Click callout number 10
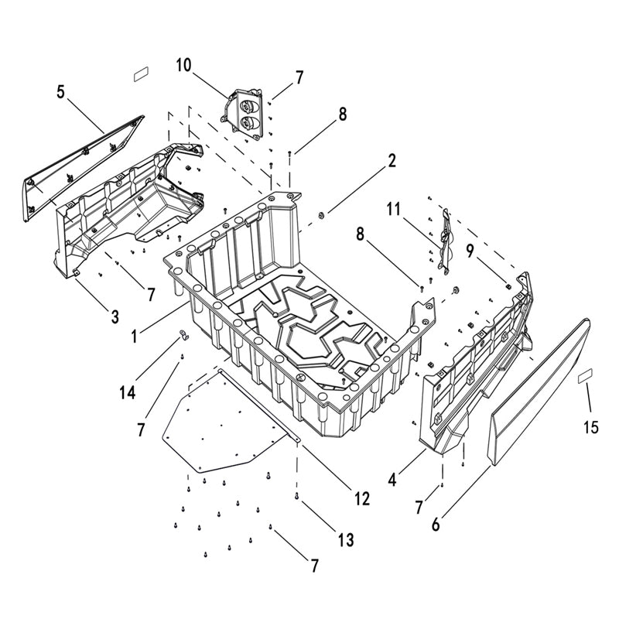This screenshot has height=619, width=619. (183, 64)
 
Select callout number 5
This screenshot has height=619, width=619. (60, 92)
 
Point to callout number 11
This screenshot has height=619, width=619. (394, 209)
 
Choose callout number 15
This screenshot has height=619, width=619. (591, 426)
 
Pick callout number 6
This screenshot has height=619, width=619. (436, 524)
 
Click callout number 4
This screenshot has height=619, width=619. (392, 479)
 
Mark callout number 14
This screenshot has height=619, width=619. (128, 392)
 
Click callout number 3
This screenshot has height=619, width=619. (114, 316)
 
